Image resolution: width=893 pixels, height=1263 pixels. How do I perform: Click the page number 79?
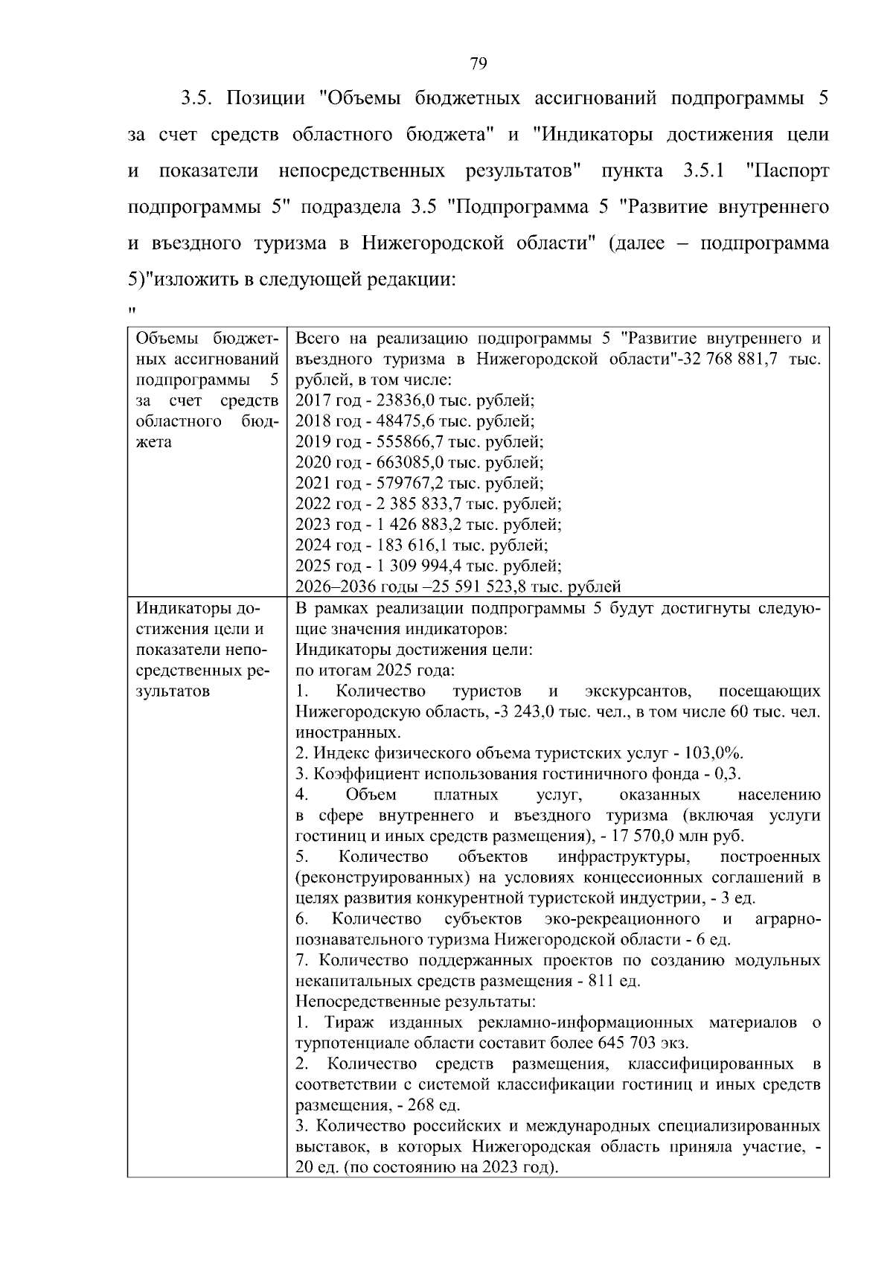478,63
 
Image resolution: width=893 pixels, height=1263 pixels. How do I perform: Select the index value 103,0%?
717,752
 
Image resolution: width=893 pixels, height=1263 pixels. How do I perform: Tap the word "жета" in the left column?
154,442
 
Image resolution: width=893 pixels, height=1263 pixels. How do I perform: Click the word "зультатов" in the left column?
172,691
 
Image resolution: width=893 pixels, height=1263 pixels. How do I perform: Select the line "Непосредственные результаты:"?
415,1001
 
